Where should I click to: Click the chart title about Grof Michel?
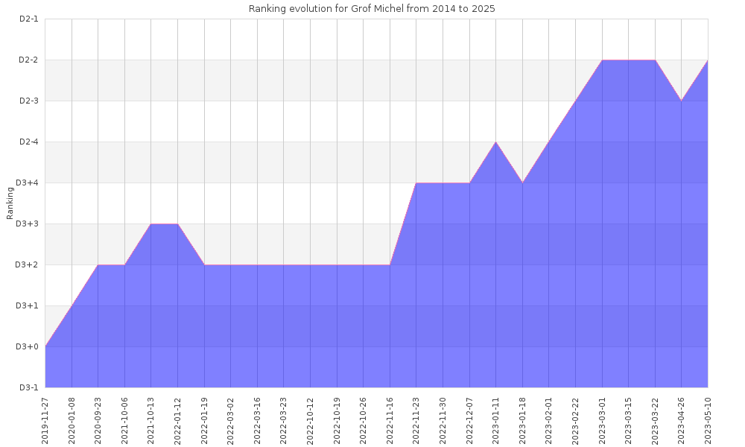[372, 9]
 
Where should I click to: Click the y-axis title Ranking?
[10, 203]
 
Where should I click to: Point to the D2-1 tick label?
[28, 19]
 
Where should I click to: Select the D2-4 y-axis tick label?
[28, 142]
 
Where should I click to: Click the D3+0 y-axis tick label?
[28, 346]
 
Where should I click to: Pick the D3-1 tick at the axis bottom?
[28, 387]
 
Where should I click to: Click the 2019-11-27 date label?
[45, 419]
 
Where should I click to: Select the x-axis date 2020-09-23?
[98, 419]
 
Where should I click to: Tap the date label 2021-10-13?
[151, 419]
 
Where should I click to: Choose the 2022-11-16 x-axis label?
[390, 419]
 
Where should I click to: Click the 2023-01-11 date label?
[495, 419]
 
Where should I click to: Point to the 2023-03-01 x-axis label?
[602, 419]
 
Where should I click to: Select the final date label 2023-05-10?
[708, 419]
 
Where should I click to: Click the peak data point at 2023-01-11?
[495, 142]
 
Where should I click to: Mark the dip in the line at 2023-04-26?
[681, 101]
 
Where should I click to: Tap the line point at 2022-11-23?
[416, 183]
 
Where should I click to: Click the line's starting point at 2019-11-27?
[45, 346]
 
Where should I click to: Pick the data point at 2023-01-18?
[522, 183]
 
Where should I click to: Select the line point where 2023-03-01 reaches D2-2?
[602, 60]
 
